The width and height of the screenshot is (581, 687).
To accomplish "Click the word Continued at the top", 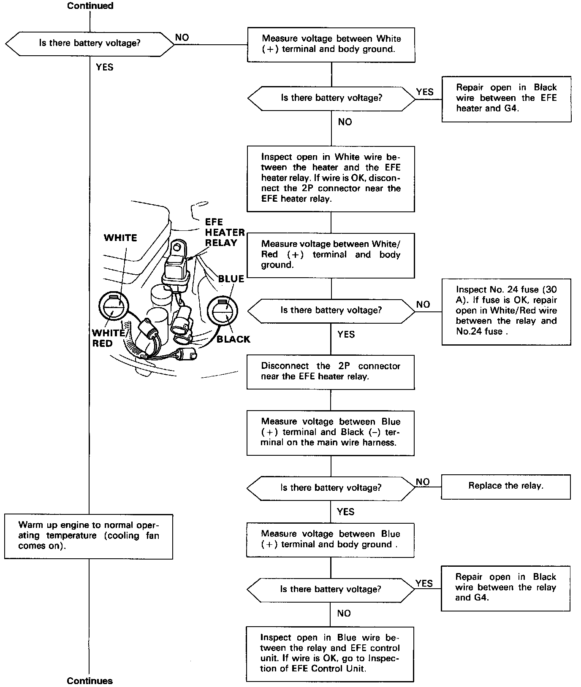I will [x=90, y=6].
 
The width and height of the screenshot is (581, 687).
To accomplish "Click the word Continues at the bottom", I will [x=90, y=681].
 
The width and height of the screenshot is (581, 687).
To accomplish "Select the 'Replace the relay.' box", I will [x=505, y=486].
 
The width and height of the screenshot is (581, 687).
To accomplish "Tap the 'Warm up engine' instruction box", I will [x=89, y=536].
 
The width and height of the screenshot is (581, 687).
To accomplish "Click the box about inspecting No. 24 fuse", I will [x=506, y=311].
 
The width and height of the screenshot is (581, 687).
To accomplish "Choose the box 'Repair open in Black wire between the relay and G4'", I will [x=505, y=588].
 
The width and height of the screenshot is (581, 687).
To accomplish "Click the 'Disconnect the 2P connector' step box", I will [x=330, y=372].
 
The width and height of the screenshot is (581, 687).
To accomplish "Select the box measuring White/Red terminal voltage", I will [x=330, y=255].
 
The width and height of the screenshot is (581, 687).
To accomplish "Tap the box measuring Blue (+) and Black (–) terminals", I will [x=330, y=433].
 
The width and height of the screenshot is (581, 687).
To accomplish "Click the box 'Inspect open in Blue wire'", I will [x=330, y=654].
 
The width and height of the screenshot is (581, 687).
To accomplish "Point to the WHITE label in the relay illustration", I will [x=120, y=238].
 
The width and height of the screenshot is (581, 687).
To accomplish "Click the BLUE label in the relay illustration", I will [x=231, y=279].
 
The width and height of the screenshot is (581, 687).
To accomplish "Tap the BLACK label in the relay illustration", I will [x=233, y=339].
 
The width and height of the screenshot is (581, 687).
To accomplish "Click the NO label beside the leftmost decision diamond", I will [x=182, y=38].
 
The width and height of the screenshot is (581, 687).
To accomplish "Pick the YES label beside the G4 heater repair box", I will [x=424, y=92].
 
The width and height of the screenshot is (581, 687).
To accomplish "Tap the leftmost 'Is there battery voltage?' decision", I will [x=90, y=43].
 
